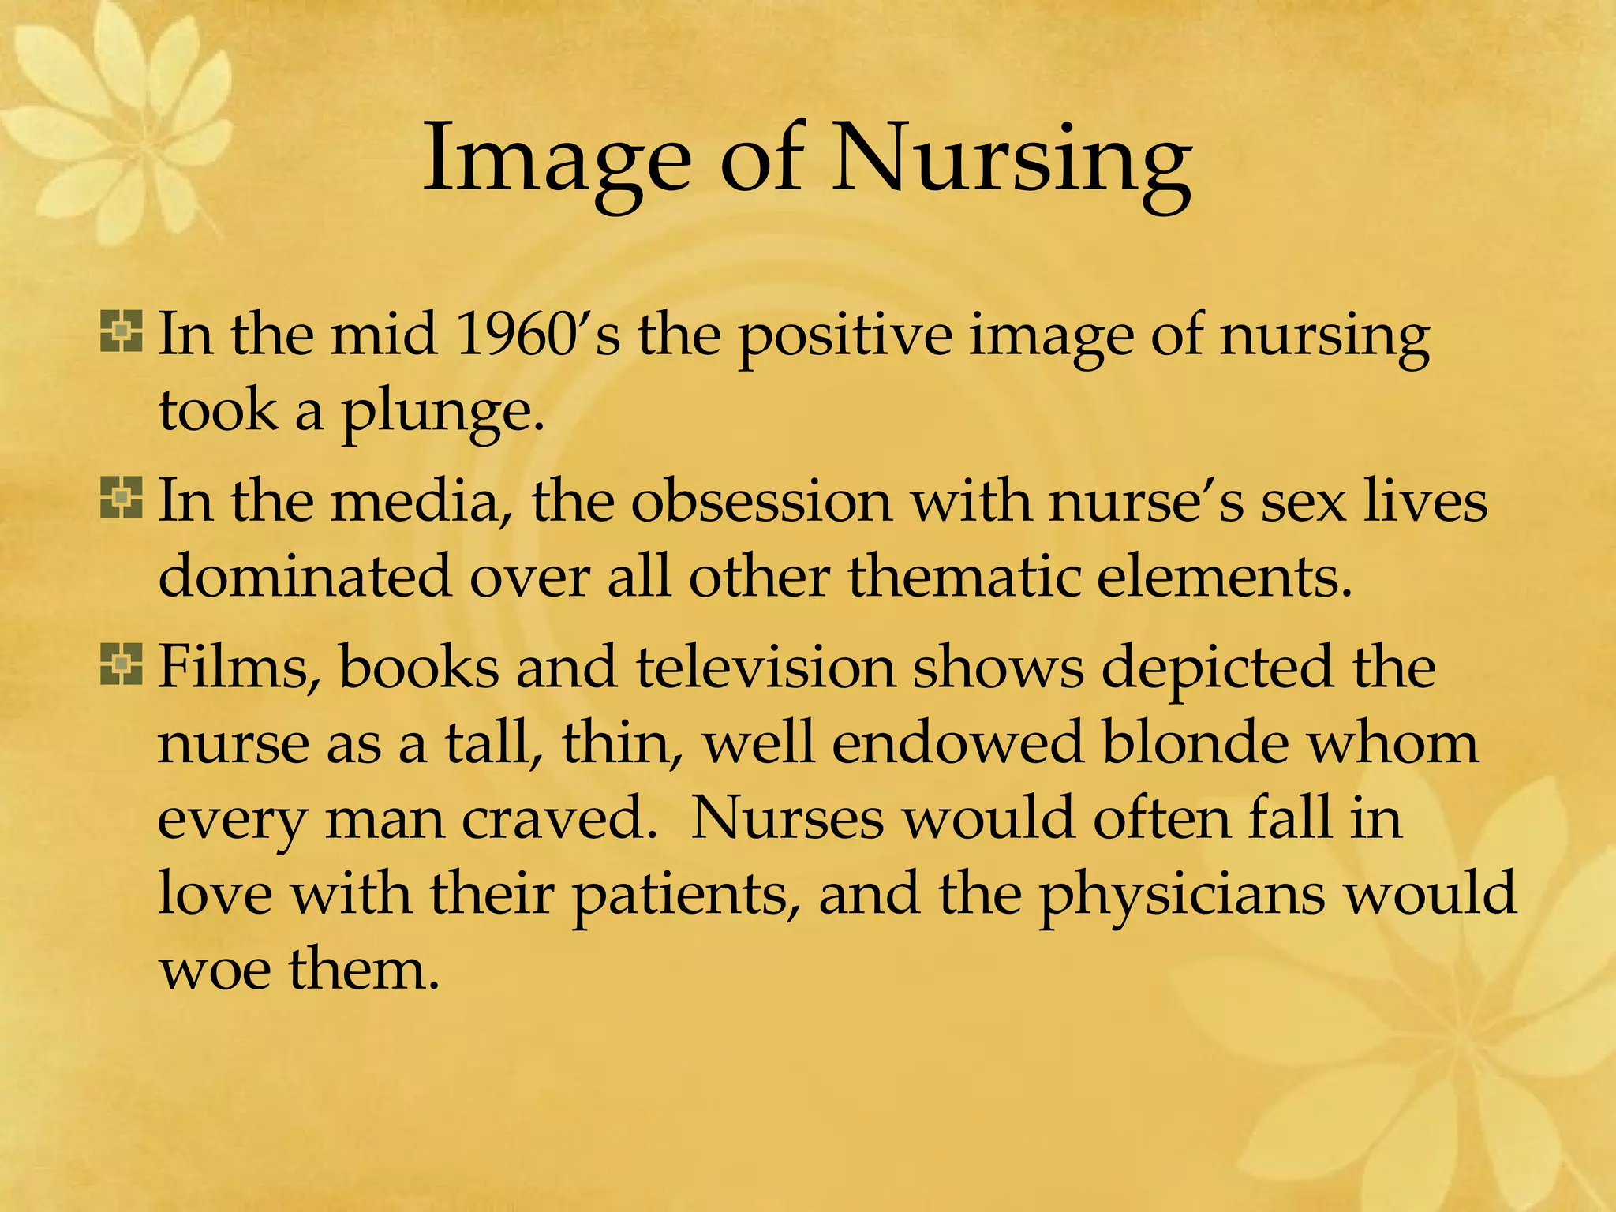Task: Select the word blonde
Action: coord(1195,743)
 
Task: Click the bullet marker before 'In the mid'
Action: coord(122,332)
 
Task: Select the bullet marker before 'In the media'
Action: coord(122,499)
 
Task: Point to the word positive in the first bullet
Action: coord(844,336)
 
